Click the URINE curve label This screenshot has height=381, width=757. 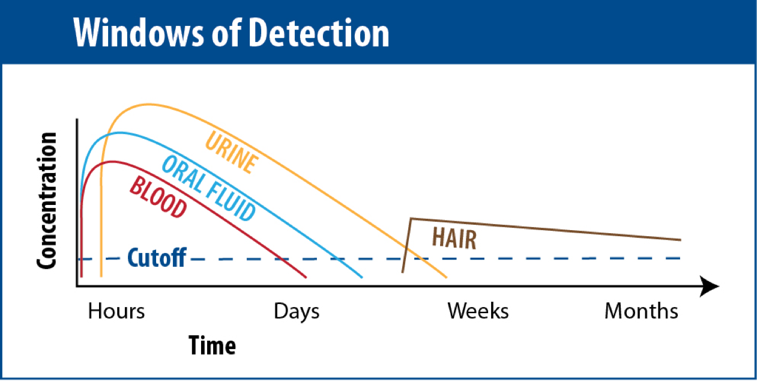click(232, 153)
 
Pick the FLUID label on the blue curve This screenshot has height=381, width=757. click(231, 202)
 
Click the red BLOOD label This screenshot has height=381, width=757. click(158, 197)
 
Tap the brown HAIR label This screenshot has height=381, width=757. click(454, 238)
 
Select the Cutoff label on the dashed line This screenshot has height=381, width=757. click(157, 258)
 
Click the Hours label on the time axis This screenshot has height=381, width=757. click(116, 311)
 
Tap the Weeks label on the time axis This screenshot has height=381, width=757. click(478, 311)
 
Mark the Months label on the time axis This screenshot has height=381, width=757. click(641, 311)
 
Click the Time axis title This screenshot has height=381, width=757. click(213, 346)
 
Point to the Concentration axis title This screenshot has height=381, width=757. click(47, 201)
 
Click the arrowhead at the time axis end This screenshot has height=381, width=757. click(709, 286)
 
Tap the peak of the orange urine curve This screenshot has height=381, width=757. click(148, 104)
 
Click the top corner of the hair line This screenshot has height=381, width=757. click(411, 219)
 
